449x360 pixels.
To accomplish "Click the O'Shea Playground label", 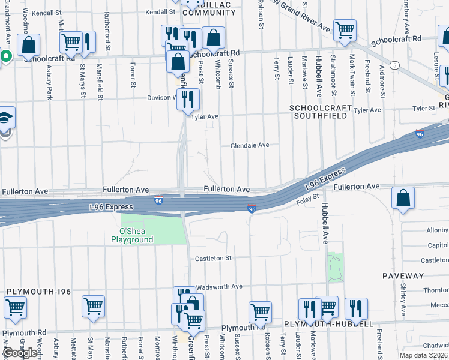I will click(x=132, y=235).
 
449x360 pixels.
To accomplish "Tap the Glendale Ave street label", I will click(x=250, y=145).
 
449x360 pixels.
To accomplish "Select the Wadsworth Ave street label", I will click(x=219, y=287).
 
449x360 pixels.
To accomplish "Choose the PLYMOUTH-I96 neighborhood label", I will click(x=39, y=292).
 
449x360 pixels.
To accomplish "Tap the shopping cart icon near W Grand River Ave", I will click(x=345, y=30).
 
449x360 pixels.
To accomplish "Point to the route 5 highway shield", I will click(x=394, y=65).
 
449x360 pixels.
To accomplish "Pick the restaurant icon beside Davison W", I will click(x=188, y=98).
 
